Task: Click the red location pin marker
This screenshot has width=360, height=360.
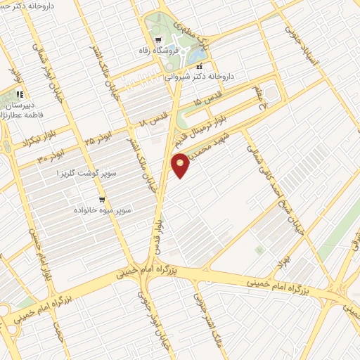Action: [181, 167]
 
